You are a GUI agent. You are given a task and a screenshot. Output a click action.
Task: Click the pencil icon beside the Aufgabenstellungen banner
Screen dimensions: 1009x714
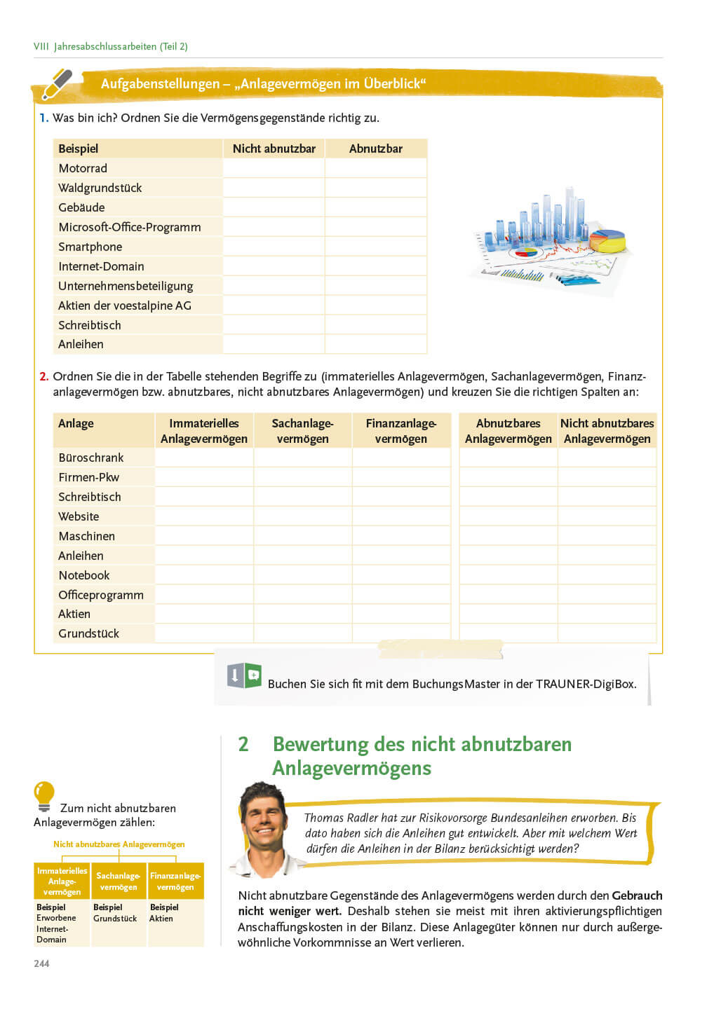click(x=58, y=83)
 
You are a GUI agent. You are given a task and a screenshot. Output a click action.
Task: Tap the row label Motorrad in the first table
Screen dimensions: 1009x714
click(x=83, y=168)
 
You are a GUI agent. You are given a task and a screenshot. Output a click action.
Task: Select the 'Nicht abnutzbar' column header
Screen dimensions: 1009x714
click(x=274, y=149)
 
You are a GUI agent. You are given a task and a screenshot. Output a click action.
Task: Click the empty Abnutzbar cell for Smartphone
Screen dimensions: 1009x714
click(x=376, y=247)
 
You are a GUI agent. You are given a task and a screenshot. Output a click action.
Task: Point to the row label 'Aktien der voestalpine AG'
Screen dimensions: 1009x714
click(x=125, y=306)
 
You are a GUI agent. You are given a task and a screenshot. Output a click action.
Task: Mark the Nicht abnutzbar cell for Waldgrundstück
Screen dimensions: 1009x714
click(x=274, y=188)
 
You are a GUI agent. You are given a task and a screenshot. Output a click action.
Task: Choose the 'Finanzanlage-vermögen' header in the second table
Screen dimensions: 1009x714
click(x=400, y=431)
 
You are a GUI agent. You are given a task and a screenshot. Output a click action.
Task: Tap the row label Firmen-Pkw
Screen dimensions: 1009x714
click(x=89, y=477)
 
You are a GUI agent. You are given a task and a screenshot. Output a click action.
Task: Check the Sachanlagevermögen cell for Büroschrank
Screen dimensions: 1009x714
click(x=302, y=458)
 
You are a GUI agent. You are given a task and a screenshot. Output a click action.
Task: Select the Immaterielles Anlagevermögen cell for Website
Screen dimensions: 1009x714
click(x=203, y=516)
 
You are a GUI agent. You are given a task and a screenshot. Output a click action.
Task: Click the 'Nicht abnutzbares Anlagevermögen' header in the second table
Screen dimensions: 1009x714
click(x=607, y=431)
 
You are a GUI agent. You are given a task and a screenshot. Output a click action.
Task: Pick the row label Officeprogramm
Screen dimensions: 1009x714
click(x=101, y=595)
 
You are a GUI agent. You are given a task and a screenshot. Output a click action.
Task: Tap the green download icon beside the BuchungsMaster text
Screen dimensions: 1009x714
click(x=244, y=675)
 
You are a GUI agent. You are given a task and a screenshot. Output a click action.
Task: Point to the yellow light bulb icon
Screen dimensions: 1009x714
click(x=43, y=795)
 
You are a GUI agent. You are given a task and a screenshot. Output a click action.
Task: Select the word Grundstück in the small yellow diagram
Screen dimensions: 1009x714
click(x=115, y=919)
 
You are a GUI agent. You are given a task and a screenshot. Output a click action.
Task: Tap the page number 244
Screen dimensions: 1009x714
click(x=41, y=963)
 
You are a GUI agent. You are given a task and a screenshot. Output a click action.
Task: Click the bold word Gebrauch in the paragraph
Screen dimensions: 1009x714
click(x=637, y=895)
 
